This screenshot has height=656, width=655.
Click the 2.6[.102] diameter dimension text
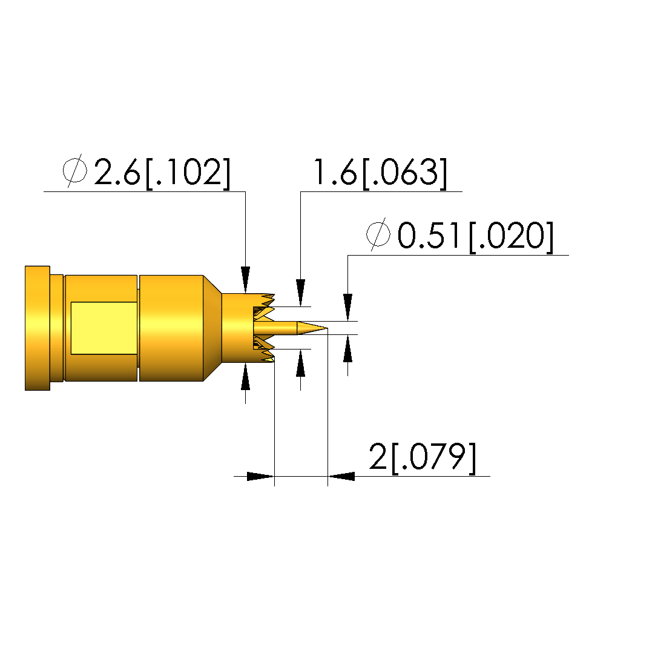[x=162, y=173]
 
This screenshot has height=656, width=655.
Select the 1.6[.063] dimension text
[x=380, y=173]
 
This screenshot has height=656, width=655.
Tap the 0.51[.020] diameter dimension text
[x=475, y=236]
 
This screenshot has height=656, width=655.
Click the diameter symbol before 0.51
[x=378, y=234]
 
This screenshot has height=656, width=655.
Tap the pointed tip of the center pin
[x=327, y=328]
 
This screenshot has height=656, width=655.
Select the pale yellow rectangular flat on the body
[x=104, y=328]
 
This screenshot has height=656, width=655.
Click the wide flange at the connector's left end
[x=38, y=328]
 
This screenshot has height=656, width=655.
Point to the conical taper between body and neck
[x=212, y=328]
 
